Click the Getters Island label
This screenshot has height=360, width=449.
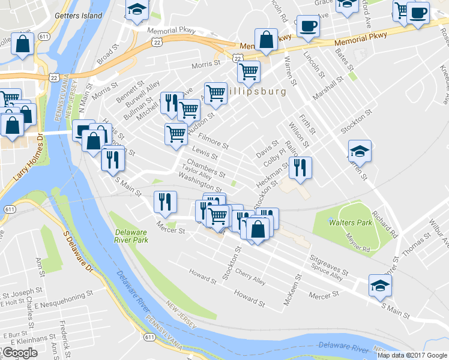pyautogui.click(x=79, y=15)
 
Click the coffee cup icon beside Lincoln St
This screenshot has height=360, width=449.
pyautogui.click(x=308, y=26)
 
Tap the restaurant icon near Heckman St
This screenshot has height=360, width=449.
pyautogui.click(x=300, y=167)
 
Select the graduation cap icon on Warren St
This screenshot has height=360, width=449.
pyautogui.click(x=360, y=151)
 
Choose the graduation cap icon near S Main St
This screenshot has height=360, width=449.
pyautogui.click(x=379, y=286)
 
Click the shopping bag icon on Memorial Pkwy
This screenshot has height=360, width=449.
pyautogui.click(x=265, y=40)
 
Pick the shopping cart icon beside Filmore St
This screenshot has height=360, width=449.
pyautogui.click(x=176, y=133)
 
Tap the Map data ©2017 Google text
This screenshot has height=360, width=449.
pyautogui.click(x=412, y=355)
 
